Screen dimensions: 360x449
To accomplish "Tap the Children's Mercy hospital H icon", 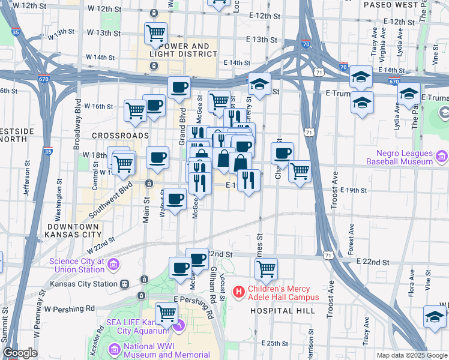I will (x=239, y=292).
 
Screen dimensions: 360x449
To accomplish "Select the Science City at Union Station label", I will (x=77, y=265).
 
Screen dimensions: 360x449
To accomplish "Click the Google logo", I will (x=20, y=353).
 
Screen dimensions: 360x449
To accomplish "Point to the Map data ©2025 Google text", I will (x=411, y=355).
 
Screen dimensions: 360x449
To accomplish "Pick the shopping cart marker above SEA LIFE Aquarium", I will (x=166, y=313).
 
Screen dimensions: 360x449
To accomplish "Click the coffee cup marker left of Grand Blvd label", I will (x=154, y=105).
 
